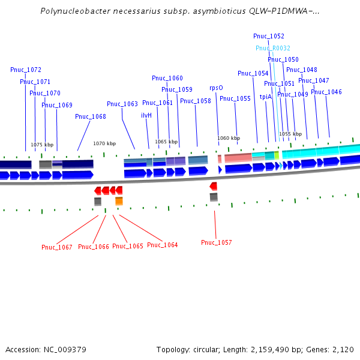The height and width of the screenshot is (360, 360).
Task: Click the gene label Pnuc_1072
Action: pyautogui.click(x=26, y=70)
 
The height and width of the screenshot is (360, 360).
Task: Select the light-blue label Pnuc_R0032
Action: pyautogui.click(x=273, y=48)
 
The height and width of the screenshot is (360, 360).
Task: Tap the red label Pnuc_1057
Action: pyautogui.click(x=216, y=242)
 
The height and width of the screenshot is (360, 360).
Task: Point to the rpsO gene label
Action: pyautogui.click(x=216, y=88)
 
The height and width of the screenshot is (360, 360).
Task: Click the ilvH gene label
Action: pyautogui.click(x=146, y=115)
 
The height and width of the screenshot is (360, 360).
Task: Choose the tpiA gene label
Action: pyautogui.click(x=266, y=97)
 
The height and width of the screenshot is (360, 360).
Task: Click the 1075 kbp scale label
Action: pyautogui.click(x=42, y=145)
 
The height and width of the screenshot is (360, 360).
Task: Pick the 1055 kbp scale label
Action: pyautogui.click(x=290, y=134)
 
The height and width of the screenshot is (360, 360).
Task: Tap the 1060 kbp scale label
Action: pyautogui.click(x=229, y=138)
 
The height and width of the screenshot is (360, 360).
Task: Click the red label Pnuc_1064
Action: pyautogui.click(x=162, y=245)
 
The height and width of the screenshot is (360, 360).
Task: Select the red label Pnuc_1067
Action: pyautogui.click(x=56, y=247)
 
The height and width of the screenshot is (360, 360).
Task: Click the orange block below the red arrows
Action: pyautogui.click(x=119, y=201)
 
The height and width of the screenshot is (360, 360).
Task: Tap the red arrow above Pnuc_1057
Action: pyautogui.click(x=213, y=186)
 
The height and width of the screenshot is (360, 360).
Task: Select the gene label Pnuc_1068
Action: pyautogui.click(x=90, y=116)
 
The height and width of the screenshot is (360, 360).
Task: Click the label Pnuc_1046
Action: pyautogui.click(x=326, y=92)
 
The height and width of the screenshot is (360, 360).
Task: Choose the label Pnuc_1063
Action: pyautogui.click(x=122, y=104)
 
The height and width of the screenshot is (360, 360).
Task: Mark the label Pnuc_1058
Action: pyautogui.click(x=196, y=101)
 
